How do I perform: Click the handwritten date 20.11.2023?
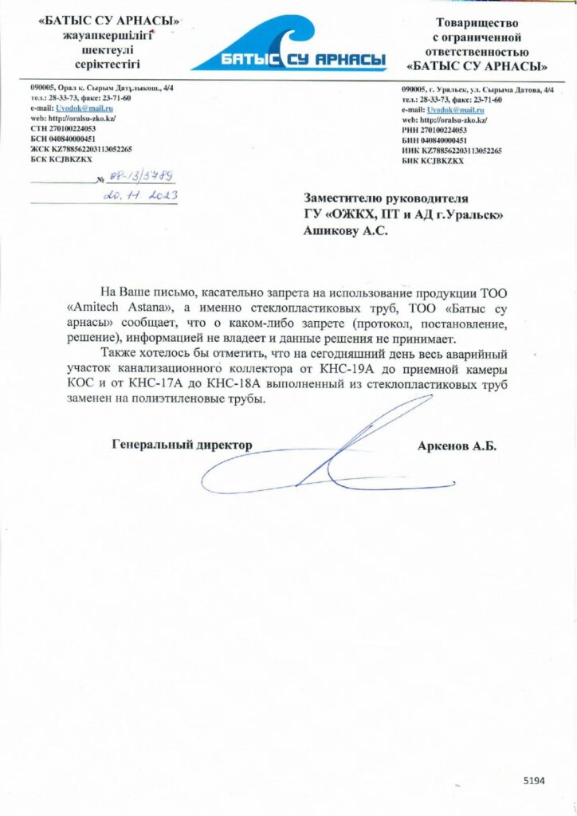tap(141, 195)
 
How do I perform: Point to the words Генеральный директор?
tap(182, 445)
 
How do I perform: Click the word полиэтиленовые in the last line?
tap(171, 399)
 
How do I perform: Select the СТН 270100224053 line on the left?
tap(63, 127)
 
